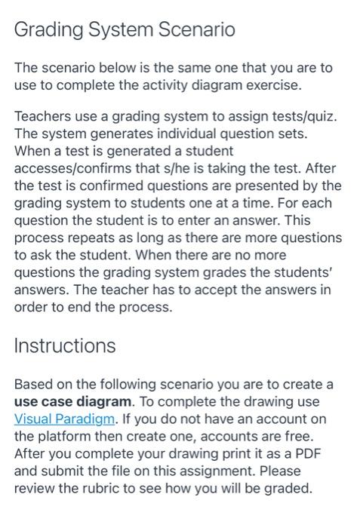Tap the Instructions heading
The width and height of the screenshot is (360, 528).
coord(65,345)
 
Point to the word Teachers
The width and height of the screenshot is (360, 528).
coord(42,122)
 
